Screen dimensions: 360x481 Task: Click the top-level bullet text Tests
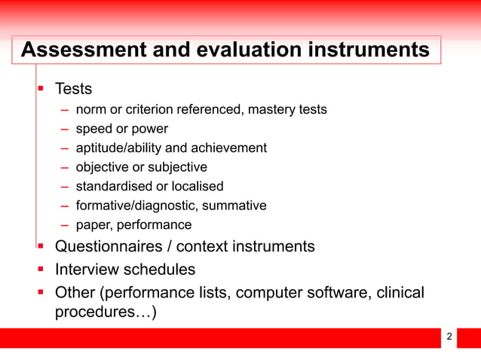pyautogui.click(x=74, y=89)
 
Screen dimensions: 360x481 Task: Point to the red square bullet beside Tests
pyautogui.click(x=42, y=89)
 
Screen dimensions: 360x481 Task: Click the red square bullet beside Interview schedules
pyautogui.click(x=42, y=269)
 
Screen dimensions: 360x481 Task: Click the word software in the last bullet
pyautogui.click(x=333, y=292)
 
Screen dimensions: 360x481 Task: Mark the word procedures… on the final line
pyautogui.click(x=106, y=313)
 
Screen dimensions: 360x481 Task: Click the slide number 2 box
pyautogui.click(x=450, y=337)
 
